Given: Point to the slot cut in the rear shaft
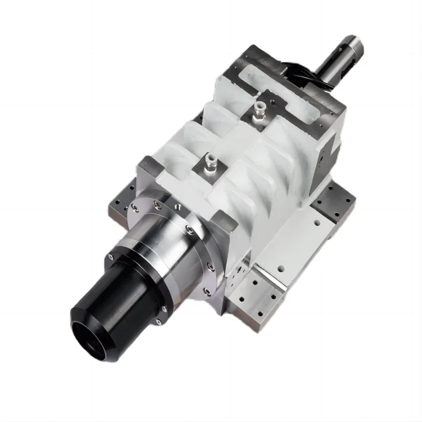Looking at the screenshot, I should pos(351,49).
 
